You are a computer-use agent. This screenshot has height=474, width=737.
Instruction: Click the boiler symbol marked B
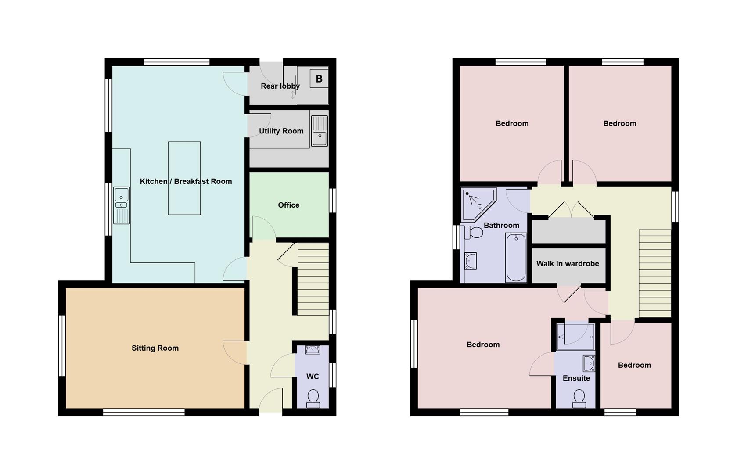coord(319,79)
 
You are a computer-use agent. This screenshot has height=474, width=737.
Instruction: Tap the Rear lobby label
coord(280,86)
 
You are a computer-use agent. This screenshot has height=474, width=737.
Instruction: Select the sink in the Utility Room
coord(320,131)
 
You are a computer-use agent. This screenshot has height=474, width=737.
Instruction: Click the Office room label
coord(288,205)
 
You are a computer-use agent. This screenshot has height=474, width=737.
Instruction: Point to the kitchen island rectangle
coord(184,178)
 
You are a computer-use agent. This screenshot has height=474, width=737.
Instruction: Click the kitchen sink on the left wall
coord(122,205)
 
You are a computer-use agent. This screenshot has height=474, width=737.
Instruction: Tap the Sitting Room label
coord(155,348)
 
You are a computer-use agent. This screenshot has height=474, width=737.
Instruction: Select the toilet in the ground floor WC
coord(313,398)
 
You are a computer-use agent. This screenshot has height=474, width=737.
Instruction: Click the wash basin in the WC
coord(313,350)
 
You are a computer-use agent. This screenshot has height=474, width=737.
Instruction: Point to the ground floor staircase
coord(313,279)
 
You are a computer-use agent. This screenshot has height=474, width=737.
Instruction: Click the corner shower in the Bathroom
coord(477,203)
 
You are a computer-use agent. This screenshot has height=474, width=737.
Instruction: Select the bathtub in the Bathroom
coord(516,257)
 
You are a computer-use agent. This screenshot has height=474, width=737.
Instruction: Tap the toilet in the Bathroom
coord(474,232)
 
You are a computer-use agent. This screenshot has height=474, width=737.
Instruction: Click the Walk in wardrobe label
coord(568,263)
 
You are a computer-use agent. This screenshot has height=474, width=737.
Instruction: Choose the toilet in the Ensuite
coord(579,399)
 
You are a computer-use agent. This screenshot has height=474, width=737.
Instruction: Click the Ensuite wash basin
coord(589,363)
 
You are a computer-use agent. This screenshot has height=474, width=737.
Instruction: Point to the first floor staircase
coord(654,273)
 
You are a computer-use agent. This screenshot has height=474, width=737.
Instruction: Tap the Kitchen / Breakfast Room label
coord(186,181)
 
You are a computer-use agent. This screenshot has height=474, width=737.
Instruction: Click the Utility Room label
coord(281,131)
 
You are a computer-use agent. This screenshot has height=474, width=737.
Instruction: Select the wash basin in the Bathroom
coord(470,261)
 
